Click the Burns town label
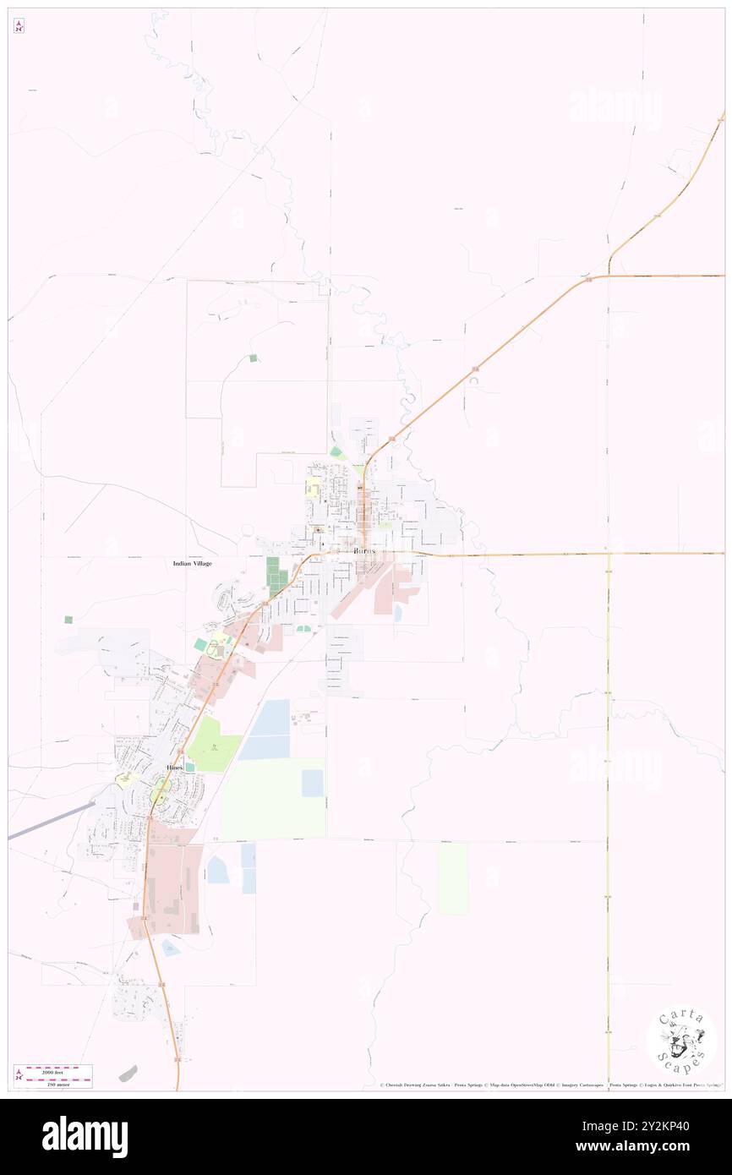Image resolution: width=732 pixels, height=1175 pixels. click(362, 549)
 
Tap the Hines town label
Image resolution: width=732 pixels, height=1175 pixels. click(174, 766)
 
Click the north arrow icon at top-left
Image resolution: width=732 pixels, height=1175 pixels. click(19, 26)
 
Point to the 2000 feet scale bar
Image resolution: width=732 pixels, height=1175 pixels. click(60, 1069)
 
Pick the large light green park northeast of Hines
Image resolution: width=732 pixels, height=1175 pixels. click(213, 745)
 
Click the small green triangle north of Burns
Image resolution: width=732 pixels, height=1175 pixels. click(336, 452)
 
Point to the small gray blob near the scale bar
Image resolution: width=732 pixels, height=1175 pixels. click(128, 1073)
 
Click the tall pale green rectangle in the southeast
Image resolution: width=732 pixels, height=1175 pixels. click(453, 879)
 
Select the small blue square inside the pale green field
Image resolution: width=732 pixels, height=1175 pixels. click(313, 783)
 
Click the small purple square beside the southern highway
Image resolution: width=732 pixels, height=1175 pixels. click(135, 906)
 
